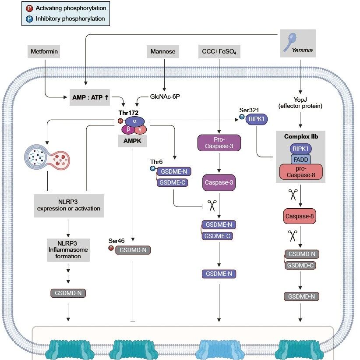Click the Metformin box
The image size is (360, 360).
point(44,51)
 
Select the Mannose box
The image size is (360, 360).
point(163,51)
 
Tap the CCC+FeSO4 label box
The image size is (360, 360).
point(219,51)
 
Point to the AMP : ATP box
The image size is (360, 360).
point(90,97)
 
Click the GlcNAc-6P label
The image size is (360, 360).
point(165,96)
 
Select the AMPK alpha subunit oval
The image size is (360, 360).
point(135,121)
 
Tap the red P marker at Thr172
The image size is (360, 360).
point(120,121)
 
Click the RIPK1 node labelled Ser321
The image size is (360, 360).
point(257,119)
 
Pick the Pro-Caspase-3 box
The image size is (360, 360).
point(219,143)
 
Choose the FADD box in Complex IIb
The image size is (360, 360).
point(301,159)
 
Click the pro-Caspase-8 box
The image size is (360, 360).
point(301,172)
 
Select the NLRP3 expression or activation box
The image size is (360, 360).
point(69,206)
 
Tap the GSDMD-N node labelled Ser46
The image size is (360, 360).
point(133,250)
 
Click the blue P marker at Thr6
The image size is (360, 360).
point(153,168)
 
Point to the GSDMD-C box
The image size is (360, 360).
point(300,266)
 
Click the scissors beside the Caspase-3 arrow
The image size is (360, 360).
point(212,205)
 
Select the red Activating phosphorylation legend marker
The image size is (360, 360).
point(29,8)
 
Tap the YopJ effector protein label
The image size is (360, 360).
point(300,103)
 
